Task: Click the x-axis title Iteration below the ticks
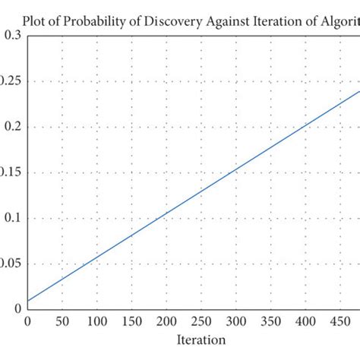pos(201,339)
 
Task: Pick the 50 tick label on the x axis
pos(62,322)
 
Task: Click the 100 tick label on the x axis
pos(97,322)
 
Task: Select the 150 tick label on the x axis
pos(131,322)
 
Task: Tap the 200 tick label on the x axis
pos(166,322)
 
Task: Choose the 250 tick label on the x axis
pos(201,322)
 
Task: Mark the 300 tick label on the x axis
pos(235,322)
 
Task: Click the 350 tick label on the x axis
pos(270,322)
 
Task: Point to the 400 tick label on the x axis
pos(305,322)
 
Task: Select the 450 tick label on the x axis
pos(339,322)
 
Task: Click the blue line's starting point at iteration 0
pos(28,300)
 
